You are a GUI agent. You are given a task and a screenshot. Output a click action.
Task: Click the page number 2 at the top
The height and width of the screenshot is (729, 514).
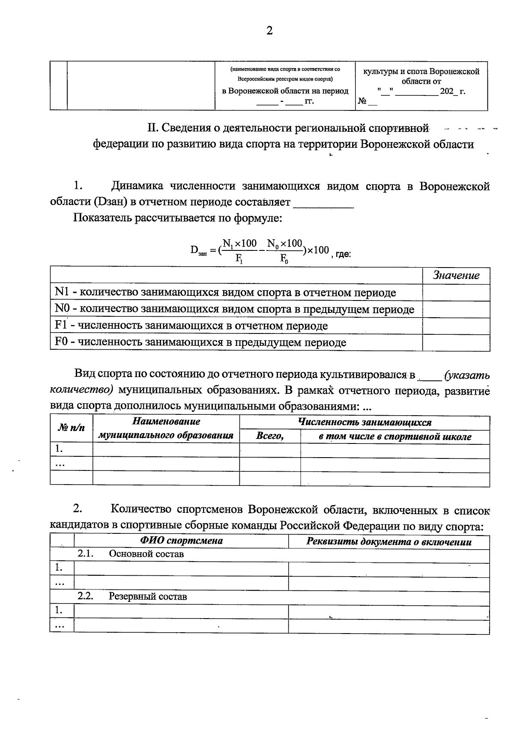pyautogui.click(x=269, y=31)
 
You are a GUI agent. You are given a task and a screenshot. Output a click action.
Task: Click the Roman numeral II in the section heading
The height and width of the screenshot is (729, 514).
pyautogui.click(x=153, y=128)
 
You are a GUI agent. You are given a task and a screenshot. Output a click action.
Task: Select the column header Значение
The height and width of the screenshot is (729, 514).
pyautogui.click(x=456, y=276)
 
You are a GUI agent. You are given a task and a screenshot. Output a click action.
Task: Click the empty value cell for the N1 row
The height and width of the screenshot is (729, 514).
pyautogui.click(x=456, y=293)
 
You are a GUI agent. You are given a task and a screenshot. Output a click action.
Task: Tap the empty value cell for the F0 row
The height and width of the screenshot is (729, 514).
pyautogui.click(x=456, y=342)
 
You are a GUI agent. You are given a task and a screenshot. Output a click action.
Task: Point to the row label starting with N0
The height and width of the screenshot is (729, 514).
pyautogui.click(x=235, y=309)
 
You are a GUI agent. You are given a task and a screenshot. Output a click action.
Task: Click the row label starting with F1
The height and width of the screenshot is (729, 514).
pyautogui.click(x=191, y=326)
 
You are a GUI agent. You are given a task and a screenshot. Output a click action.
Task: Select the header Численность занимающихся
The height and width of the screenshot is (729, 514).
pyautogui.click(x=365, y=423)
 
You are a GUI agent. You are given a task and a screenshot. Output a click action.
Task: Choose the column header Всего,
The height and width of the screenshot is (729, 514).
pyautogui.click(x=270, y=436)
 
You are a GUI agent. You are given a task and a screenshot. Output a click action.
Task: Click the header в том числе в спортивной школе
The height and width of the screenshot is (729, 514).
pyautogui.click(x=395, y=437)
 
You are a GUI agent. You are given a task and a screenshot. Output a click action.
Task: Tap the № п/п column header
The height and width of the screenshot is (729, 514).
pyautogui.click(x=71, y=428)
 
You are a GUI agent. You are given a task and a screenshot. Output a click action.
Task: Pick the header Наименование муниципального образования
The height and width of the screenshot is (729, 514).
pyautogui.click(x=166, y=428)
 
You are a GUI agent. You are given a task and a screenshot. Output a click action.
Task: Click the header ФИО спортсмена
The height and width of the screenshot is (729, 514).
pyautogui.click(x=182, y=540)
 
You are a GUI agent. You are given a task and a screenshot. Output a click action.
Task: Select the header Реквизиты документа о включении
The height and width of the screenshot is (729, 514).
pyautogui.click(x=389, y=542)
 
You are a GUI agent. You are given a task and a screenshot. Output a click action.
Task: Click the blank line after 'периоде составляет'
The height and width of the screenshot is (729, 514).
pyautogui.click(x=323, y=203)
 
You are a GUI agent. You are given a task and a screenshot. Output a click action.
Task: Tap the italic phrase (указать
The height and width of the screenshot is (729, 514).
pyautogui.click(x=467, y=376)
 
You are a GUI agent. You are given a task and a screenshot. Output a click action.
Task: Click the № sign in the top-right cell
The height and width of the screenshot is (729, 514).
pyautogui.click(x=362, y=102)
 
